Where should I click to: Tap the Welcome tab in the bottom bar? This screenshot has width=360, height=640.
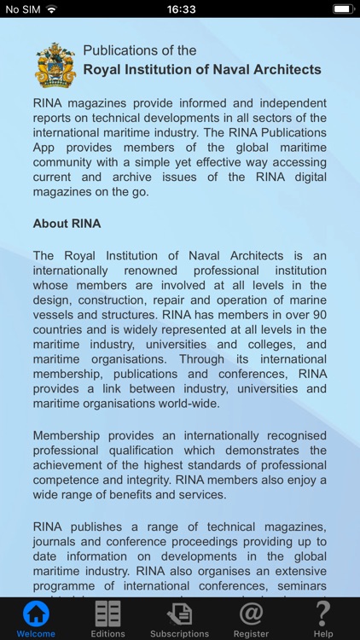[36, 620]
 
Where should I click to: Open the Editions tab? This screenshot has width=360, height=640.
[107, 620]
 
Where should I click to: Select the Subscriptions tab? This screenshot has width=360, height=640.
[179, 620]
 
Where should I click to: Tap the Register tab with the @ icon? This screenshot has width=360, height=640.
[251, 620]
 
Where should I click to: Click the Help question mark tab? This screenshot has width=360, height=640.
[323, 620]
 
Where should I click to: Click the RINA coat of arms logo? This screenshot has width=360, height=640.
[55, 65]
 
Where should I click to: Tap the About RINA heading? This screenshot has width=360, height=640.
[67, 224]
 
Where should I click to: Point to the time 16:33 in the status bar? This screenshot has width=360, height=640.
[181, 9]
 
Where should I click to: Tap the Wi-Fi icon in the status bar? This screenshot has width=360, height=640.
[51, 9]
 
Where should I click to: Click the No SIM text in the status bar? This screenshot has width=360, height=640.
[23, 9]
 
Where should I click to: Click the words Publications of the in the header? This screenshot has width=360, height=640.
[140, 50]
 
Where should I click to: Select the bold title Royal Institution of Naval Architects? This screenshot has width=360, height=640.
[202, 69]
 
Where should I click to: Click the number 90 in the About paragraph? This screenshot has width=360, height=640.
[318, 314]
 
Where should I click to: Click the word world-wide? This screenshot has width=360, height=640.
[190, 404]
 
